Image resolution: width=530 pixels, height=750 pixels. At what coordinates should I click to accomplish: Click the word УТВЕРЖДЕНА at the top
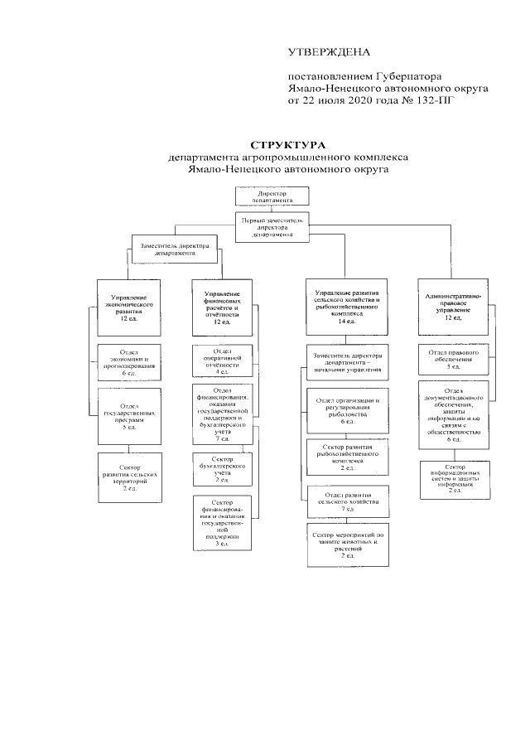click(328, 53)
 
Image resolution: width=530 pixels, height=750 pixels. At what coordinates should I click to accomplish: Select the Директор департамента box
click(272, 196)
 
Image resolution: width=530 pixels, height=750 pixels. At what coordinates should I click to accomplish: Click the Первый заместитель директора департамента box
click(272, 225)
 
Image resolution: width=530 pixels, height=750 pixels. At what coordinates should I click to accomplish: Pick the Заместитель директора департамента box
click(174, 249)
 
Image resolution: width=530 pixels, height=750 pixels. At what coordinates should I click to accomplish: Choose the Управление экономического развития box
click(128, 307)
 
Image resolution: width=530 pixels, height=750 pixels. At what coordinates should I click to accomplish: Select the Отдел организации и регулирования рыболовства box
click(347, 410)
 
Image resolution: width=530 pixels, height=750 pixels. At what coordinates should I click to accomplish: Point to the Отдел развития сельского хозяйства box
click(347, 503)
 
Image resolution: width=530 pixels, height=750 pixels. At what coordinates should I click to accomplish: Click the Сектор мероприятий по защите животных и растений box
click(347, 544)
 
